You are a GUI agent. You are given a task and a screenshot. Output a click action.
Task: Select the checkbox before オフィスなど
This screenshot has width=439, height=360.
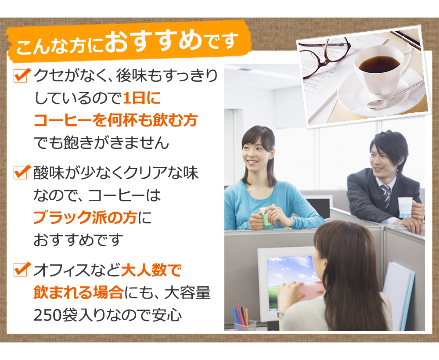tap(22, 269)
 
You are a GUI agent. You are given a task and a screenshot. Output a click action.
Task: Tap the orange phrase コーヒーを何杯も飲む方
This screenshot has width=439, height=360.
tap(115, 120)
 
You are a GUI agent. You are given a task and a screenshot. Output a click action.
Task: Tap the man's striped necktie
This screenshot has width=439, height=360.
tap(386, 196)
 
